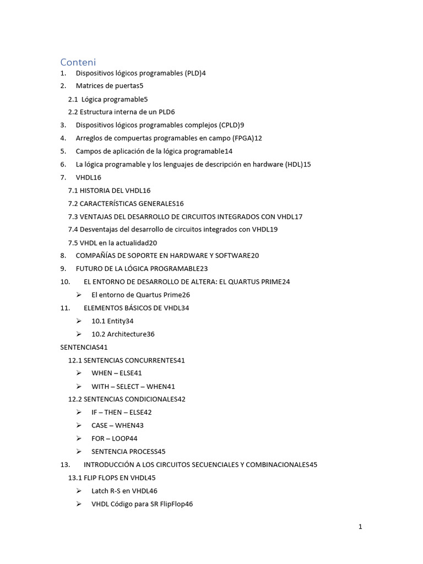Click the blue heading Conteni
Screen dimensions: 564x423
click(78, 62)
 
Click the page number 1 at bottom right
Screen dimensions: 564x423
click(360, 527)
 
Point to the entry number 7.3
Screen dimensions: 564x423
click(74, 216)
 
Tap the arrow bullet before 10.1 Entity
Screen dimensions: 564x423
click(79, 321)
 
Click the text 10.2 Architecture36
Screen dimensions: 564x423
click(123, 334)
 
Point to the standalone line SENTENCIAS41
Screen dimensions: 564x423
click(84, 347)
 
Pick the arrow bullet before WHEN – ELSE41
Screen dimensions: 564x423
click(79, 373)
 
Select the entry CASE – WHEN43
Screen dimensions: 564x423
click(117, 426)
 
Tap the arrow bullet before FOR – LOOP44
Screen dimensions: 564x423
click(79, 439)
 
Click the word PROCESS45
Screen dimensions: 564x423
click(147, 452)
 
